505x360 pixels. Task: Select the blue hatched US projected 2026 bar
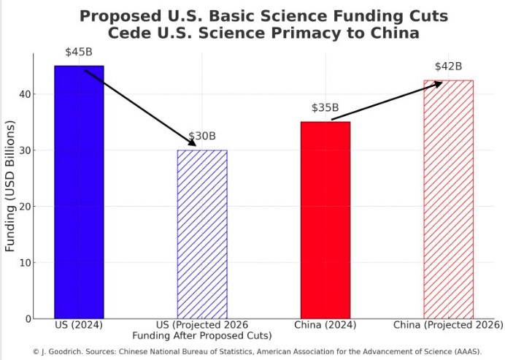pyautogui.click(x=202, y=234)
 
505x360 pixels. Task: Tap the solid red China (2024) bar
pyautogui.click(x=325, y=220)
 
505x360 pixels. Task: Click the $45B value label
pyautogui.click(x=79, y=53)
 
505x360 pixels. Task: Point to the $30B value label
pyautogui.click(x=202, y=137)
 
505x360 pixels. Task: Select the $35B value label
pyautogui.click(x=325, y=108)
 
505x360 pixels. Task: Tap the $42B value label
pyautogui.click(x=448, y=66)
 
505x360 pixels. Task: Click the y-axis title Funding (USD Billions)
pyautogui.click(x=10, y=187)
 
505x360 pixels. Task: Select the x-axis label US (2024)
pyautogui.click(x=79, y=324)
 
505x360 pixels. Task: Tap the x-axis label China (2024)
pyautogui.click(x=325, y=324)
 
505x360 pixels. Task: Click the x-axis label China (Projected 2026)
pyautogui.click(x=448, y=324)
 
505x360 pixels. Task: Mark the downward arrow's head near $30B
pyautogui.click(x=193, y=144)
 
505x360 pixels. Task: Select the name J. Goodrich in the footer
pyautogui.click(x=66, y=351)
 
